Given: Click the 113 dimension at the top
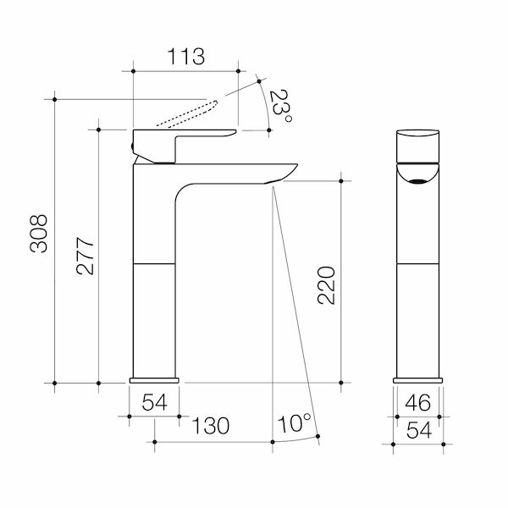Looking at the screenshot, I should pyautogui.click(x=186, y=58).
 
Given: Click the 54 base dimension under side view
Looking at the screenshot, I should pyautogui.click(x=155, y=402).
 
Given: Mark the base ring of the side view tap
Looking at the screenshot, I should pyautogui.click(x=155, y=378).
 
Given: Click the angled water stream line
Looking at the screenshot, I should pyautogui.click(x=294, y=313).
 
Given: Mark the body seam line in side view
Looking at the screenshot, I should pyautogui.click(x=155, y=263).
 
